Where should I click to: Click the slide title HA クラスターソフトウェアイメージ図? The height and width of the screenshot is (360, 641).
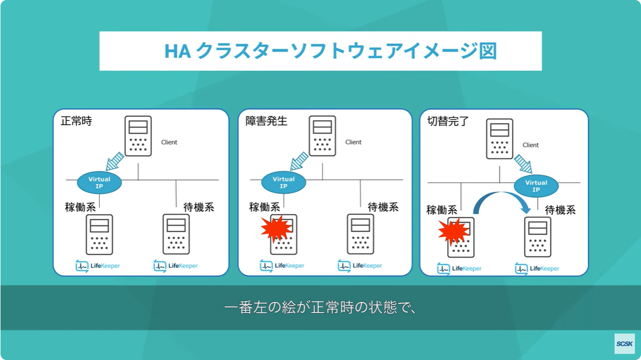(331, 51)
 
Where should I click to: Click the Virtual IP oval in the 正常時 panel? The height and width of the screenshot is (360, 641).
(99, 183)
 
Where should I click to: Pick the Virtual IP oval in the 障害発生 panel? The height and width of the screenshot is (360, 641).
(283, 183)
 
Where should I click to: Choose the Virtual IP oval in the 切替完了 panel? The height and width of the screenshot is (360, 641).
(536, 186)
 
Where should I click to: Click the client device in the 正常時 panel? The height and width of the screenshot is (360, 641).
(138, 136)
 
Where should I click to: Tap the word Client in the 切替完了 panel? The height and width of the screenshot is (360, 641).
(531, 145)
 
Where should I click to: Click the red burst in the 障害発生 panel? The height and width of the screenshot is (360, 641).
(276, 229)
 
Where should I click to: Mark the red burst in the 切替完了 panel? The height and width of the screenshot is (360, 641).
(453, 232)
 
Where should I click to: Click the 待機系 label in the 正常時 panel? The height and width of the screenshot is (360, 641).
(198, 207)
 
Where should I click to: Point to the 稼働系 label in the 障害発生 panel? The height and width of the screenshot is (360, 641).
(265, 207)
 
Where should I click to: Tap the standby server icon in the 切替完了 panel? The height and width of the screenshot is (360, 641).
(538, 237)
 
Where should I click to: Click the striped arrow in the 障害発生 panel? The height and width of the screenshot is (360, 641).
(300, 161)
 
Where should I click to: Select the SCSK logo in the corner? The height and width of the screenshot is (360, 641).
(624, 344)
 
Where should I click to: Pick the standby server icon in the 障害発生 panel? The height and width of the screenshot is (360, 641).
(360, 234)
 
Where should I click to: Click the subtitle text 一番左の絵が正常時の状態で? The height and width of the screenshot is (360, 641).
(320, 308)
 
